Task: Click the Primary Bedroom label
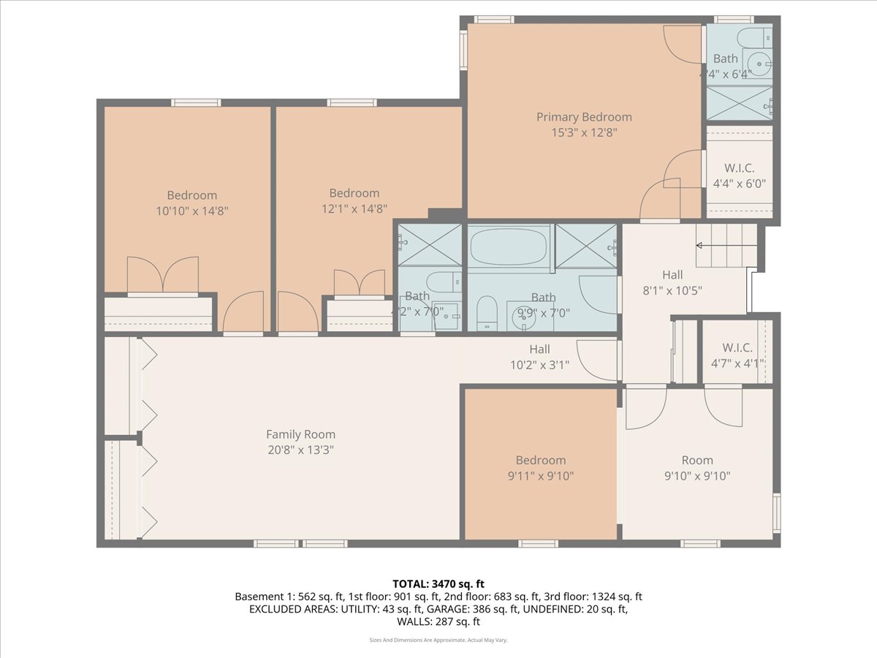pyautogui.click(x=583, y=117)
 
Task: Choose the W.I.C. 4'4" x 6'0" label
pyautogui.click(x=739, y=169)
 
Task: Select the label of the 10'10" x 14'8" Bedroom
pyautogui.click(x=191, y=195)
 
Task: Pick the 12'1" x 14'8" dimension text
pyautogui.click(x=354, y=209)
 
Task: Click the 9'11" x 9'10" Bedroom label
pyautogui.click(x=541, y=461)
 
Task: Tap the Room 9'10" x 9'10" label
pyautogui.click(x=696, y=461)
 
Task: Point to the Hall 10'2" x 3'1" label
pyautogui.click(x=539, y=349)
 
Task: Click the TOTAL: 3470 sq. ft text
pyautogui.click(x=438, y=583)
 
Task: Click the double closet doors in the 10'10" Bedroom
pyautogui.click(x=162, y=275)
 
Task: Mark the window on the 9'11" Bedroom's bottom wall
pyautogui.click(x=538, y=543)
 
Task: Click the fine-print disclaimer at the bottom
pyautogui.click(x=438, y=640)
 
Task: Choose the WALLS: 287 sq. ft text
pyautogui.click(x=438, y=622)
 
